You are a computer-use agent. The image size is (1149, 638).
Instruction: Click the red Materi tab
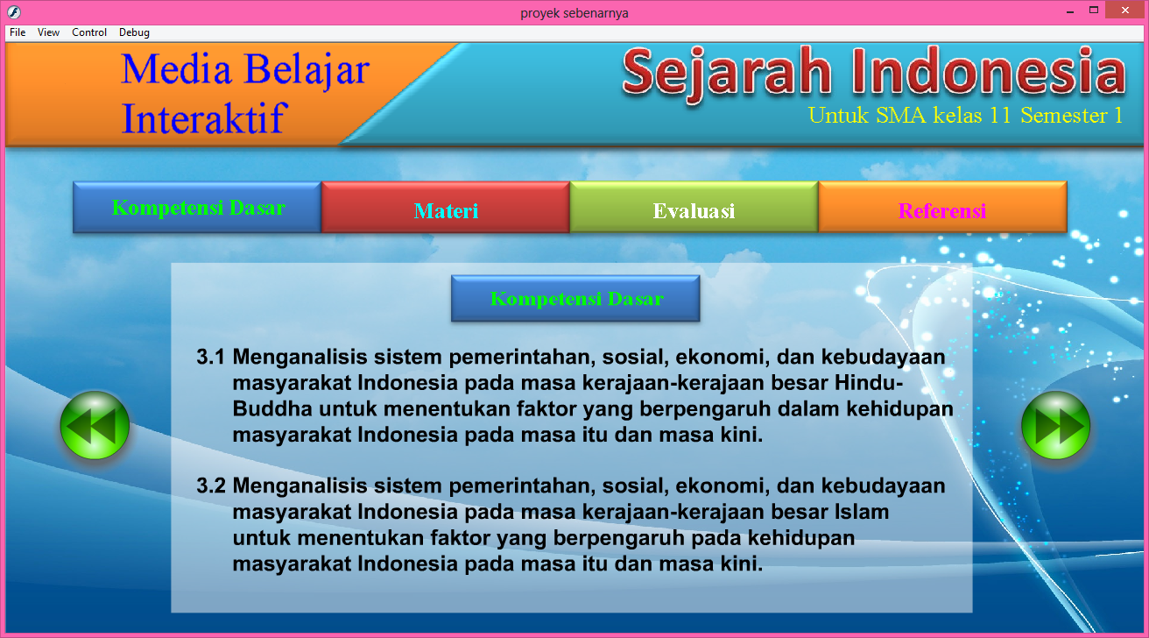(x=446, y=209)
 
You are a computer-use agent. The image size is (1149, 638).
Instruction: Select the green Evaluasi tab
(x=694, y=209)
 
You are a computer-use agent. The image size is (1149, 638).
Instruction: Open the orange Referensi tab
(x=942, y=209)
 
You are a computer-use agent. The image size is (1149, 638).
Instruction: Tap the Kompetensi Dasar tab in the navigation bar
(x=198, y=208)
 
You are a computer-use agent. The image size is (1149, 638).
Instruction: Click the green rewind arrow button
(x=95, y=425)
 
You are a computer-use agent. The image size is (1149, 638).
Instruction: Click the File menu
(x=18, y=32)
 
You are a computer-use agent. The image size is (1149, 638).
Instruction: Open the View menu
(x=49, y=32)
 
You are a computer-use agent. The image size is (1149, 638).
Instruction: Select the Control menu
(x=89, y=32)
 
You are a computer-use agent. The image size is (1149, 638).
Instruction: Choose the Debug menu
(x=134, y=32)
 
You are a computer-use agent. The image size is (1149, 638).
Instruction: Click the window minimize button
(x=1070, y=11)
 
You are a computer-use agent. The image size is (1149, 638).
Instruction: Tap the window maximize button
(x=1094, y=11)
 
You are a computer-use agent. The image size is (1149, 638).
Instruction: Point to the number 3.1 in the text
(x=211, y=358)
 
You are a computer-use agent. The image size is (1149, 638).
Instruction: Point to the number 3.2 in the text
(x=211, y=486)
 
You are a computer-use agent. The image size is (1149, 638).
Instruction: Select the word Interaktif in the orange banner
(x=202, y=117)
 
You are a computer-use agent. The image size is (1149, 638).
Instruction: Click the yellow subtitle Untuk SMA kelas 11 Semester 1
(x=965, y=115)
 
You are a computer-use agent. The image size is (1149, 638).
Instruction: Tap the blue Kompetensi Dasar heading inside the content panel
(x=575, y=299)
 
